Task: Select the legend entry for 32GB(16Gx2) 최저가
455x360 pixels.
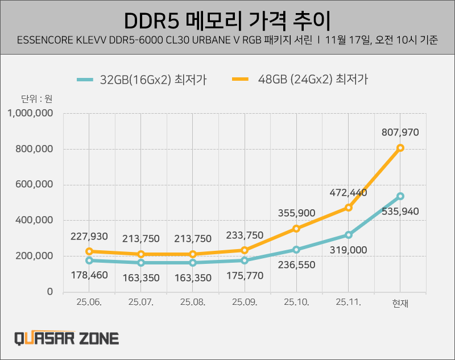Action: point(142,80)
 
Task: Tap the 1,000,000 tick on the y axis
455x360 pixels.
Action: point(31,113)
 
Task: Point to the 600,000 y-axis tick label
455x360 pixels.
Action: point(34,184)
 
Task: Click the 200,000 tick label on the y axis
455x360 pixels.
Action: point(34,256)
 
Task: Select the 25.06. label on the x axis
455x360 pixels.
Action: point(89,303)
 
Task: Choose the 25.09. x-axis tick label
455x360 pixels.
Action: point(245,303)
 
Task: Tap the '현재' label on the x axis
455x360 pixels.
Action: point(400,304)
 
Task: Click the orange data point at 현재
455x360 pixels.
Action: point(400,148)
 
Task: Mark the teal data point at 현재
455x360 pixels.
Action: point(400,196)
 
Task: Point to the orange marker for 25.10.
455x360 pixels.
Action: point(297,229)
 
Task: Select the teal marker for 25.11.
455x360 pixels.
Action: point(349,235)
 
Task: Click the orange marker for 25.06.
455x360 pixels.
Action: point(89,251)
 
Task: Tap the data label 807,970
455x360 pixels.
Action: point(400,133)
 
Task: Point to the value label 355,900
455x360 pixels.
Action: point(297,213)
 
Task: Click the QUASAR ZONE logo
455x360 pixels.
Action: point(67,339)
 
